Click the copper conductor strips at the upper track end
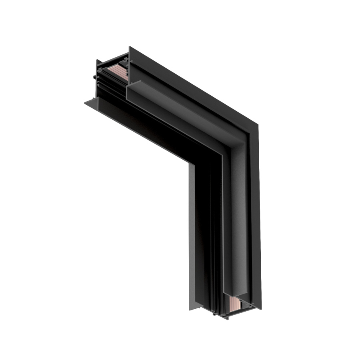pyautogui.click(x=117, y=71)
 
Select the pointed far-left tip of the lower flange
pyautogui.click(x=85, y=103)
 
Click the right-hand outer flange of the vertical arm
pyautogui.click(x=256, y=220)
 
